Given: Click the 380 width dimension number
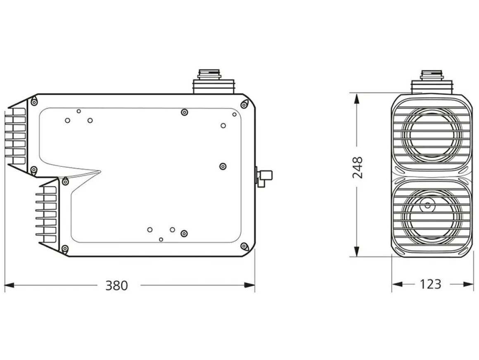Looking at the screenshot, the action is point(116,285).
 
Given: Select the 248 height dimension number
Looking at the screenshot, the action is point(358,168).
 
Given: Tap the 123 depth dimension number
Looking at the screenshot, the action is point(430,284).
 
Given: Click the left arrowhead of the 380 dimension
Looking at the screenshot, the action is point(9,285).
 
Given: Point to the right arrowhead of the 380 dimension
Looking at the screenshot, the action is point(250,285).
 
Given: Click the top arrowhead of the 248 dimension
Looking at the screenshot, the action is point(356,98).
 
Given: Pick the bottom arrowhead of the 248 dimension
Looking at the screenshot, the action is point(356,252).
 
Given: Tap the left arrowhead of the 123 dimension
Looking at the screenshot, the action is point(397,284).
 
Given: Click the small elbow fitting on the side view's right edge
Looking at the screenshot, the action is point(264,177).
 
